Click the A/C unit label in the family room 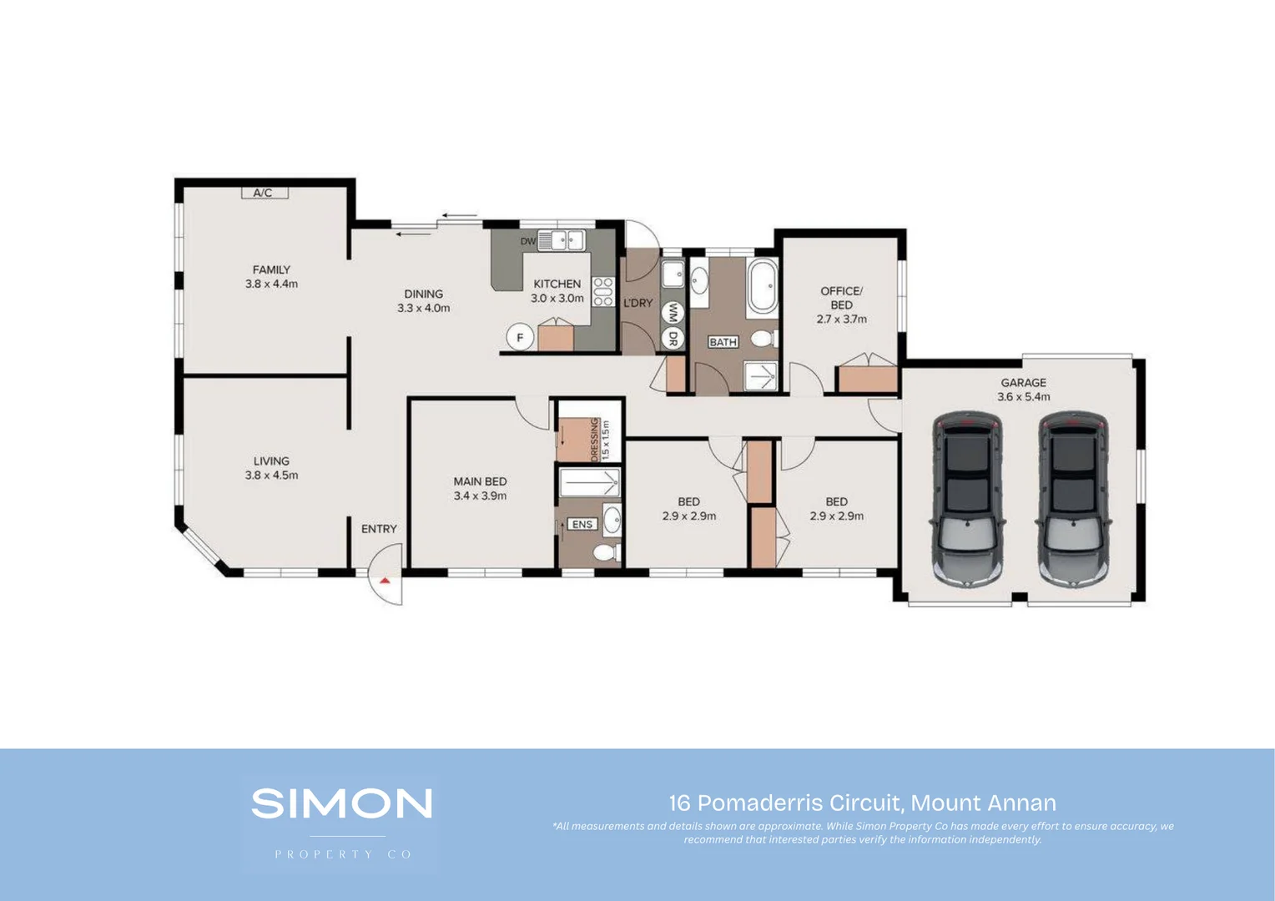click(x=263, y=193)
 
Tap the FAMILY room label click(x=271, y=269)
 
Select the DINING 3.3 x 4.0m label click(x=423, y=300)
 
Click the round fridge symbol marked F click(x=520, y=338)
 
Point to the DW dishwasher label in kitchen click(x=527, y=241)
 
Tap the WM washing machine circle click(x=672, y=313)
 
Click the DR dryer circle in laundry click(x=672, y=338)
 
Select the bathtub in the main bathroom click(x=762, y=286)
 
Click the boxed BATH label click(x=723, y=342)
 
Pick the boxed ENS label click(x=582, y=524)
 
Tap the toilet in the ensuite click(x=607, y=552)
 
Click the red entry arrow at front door click(x=385, y=580)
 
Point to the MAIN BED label click(x=480, y=481)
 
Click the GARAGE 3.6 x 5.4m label click(x=1023, y=390)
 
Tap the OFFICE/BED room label click(x=841, y=298)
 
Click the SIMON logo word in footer click(x=341, y=803)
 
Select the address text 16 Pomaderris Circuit click(x=862, y=803)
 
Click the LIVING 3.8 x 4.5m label click(x=271, y=468)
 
